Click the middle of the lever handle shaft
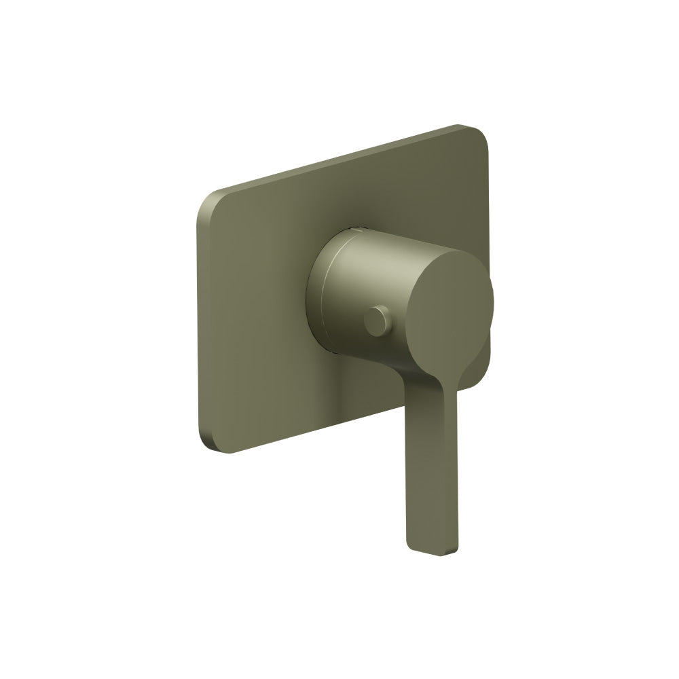click(433, 475)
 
